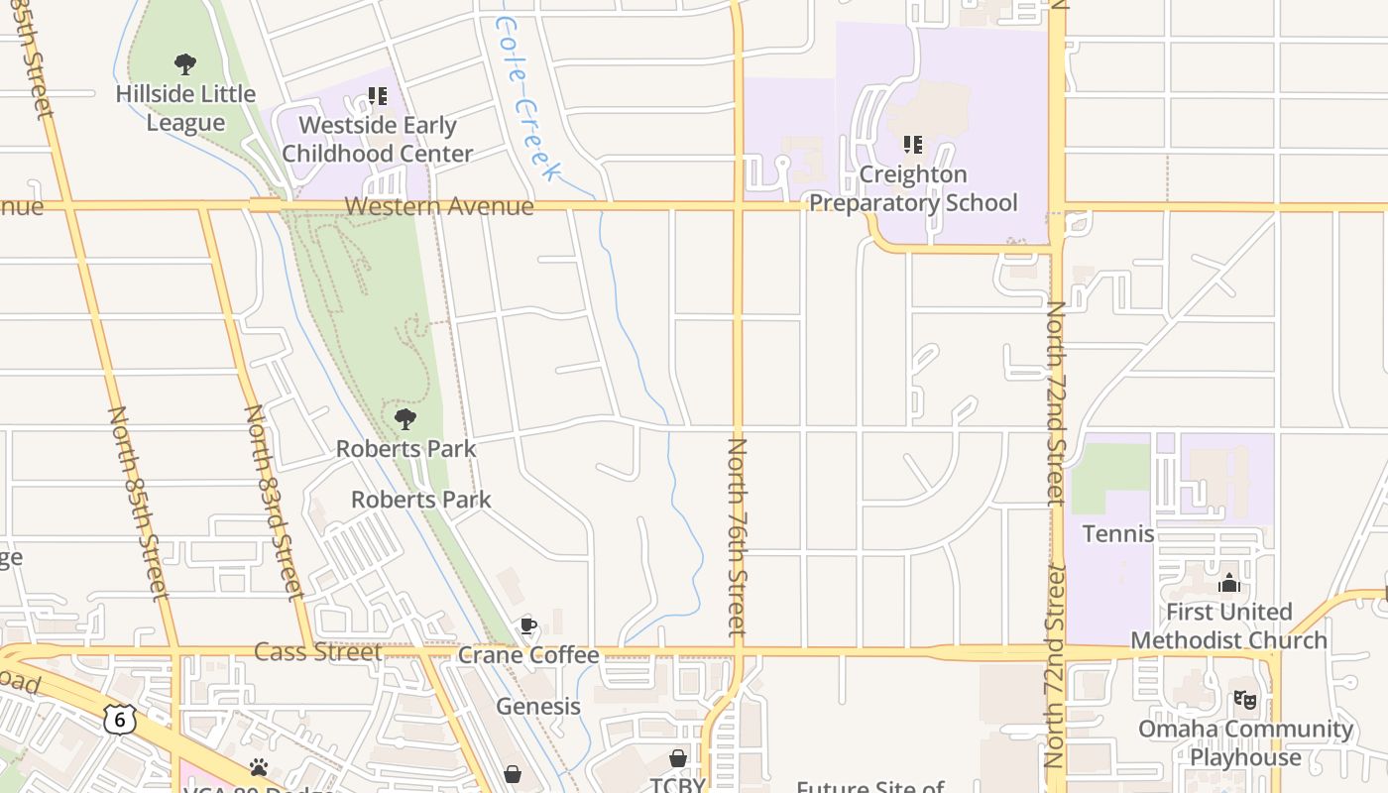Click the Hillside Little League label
(185, 108)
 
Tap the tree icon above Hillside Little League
(185, 65)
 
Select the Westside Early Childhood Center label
(378, 140)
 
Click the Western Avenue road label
(439, 206)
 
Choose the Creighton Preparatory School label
(913, 188)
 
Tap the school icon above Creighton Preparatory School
(913, 145)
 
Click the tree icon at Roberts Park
(405, 419)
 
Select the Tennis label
(1118, 533)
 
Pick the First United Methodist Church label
(1229, 625)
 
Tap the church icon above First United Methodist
(1229, 583)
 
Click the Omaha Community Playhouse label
(1245, 742)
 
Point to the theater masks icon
(1245, 700)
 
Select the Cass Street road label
(318, 651)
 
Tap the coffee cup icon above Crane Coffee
(528, 625)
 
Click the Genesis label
(538, 706)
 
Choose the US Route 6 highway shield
(120, 719)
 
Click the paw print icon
(259, 767)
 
